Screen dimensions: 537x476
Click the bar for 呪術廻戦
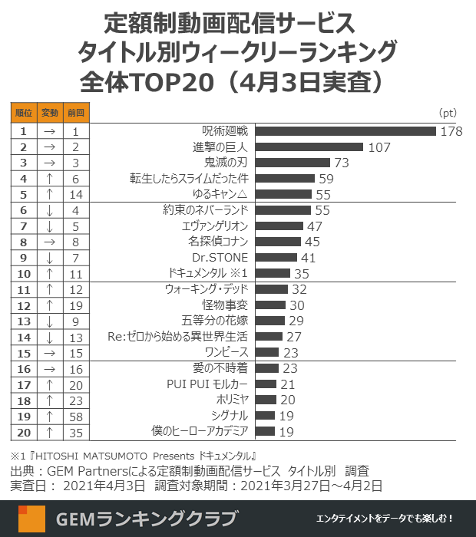[345, 131]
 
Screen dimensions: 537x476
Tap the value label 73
[342, 163]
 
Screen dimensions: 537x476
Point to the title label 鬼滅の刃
[226, 163]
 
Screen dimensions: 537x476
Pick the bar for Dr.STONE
[276, 257]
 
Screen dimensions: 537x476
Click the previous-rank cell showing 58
[75, 415]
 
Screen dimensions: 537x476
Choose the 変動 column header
[49, 113]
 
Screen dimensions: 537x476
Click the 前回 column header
[75, 113]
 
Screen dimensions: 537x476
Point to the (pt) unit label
[448, 114]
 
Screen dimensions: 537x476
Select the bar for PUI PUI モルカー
[266, 384]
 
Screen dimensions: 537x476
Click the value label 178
[451, 131]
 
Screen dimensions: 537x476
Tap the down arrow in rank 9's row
[49, 257]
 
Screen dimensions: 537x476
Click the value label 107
[379, 147]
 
